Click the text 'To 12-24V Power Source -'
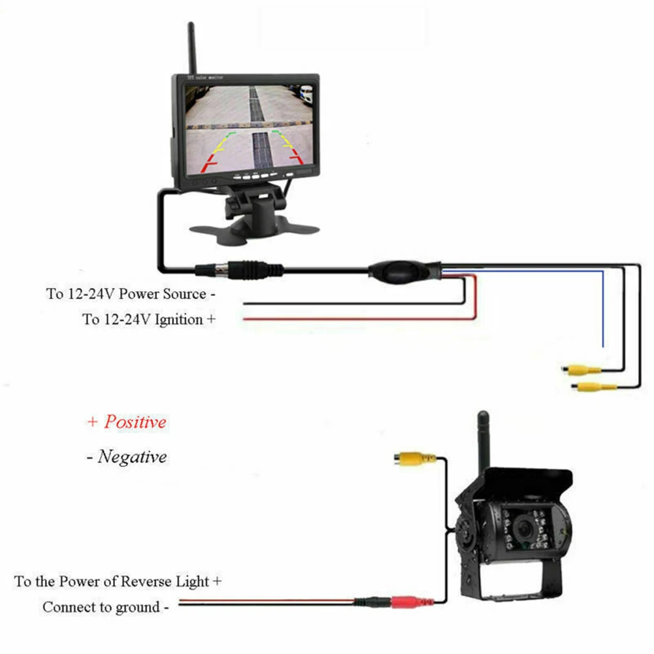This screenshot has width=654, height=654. [x=131, y=293]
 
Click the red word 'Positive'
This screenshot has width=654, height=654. [x=135, y=421]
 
